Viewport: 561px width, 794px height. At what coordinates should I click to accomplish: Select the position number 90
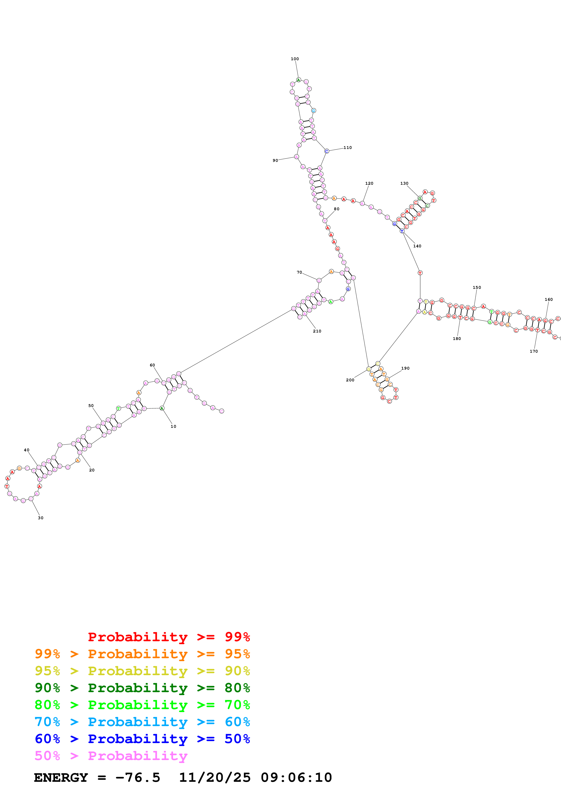275,160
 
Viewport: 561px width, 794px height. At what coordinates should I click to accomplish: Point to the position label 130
404,183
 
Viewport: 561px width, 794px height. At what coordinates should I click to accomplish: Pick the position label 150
477,287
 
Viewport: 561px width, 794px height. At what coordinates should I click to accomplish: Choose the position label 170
534,351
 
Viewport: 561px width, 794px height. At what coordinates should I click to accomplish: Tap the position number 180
457,339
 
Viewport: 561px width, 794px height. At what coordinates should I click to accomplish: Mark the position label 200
350,380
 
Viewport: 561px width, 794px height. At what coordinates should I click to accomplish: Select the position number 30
41,518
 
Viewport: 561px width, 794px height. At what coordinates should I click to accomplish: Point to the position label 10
173,426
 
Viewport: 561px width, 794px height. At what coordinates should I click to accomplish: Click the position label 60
152,365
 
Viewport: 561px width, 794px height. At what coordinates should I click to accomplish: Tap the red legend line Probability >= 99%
169,637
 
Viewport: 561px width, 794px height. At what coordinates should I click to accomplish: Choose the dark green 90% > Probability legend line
142,688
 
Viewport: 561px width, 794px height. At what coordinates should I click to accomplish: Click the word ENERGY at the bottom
61,778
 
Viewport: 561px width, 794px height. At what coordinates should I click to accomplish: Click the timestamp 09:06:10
296,778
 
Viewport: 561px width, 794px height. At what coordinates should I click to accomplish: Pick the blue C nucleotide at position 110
326,151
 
